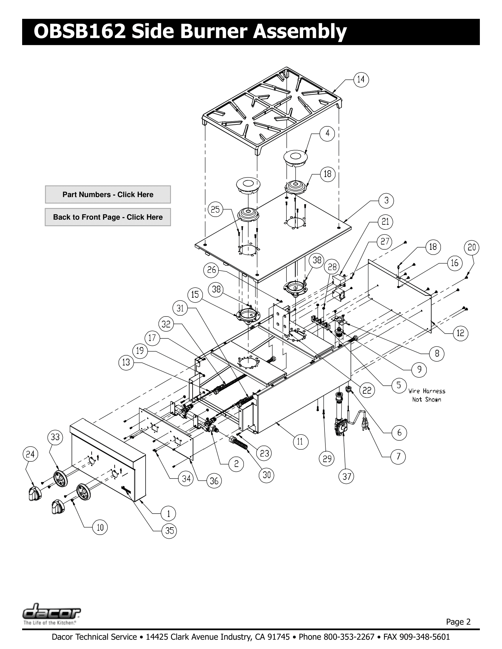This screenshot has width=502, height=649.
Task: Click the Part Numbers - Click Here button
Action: (x=108, y=195)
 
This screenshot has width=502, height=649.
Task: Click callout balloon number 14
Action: (x=361, y=79)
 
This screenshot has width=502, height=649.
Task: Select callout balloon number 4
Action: (x=327, y=133)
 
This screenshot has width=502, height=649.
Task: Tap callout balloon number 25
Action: (x=215, y=209)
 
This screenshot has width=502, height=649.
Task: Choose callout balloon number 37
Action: (x=347, y=477)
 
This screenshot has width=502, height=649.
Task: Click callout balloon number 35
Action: (x=169, y=531)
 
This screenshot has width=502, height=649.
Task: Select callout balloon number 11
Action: (x=300, y=442)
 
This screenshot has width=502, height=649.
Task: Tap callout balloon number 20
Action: (x=472, y=248)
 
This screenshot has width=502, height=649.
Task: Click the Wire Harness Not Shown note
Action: (x=426, y=395)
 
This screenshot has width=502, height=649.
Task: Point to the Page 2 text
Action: (x=458, y=622)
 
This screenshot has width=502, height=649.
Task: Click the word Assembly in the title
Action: (x=300, y=32)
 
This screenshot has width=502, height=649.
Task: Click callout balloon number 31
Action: (x=180, y=309)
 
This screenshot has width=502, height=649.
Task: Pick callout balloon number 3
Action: (x=386, y=201)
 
